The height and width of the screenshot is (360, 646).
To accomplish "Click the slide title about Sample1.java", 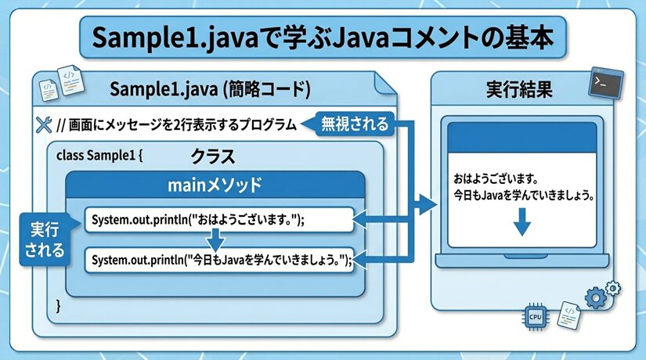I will pos(323,38).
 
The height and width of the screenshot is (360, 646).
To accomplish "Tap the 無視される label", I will pos(355,124).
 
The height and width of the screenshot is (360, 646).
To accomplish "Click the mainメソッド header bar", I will pos(215,186).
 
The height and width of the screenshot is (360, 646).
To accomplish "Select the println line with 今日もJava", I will pos(220,260).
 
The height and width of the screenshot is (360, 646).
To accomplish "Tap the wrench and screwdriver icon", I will pos(44,124).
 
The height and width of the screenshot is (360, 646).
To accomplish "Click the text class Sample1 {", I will pos(100,155).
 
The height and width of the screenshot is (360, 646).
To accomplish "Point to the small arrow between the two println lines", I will pos(220,240).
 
